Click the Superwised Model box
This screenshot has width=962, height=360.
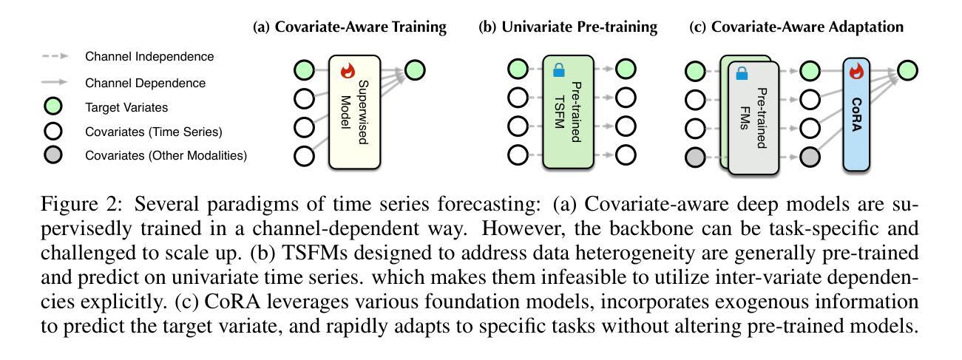[x=355, y=112]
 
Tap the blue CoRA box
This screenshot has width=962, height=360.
[x=856, y=115]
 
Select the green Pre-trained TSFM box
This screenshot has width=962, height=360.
[x=568, y=112]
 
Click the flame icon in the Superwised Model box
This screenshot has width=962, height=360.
[x=348, y=71]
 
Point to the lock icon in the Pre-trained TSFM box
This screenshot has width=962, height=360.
[x=559, y=70]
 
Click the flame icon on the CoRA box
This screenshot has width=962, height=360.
[x=856, y=71]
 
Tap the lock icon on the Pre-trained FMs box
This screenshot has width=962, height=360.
[x=742, y=73]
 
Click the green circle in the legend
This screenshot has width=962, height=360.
[x=53, y=106]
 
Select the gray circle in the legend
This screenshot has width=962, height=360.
[x=53, y=155]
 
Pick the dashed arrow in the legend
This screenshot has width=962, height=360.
[x=55, y=56]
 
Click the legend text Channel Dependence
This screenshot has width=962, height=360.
[x=145, y=83]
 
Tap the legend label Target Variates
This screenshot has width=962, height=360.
[x=126, y=107]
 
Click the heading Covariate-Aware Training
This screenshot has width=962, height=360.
[x=361, y=27]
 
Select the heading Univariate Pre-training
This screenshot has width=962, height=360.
[x=580, y=27]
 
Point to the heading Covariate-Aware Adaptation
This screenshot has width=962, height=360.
[x=807, y=27]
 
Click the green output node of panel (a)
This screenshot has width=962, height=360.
[x=415, y=70]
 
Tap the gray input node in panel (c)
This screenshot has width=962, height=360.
[x=695, y=157]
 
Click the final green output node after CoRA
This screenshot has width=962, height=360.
[x=907, y=70]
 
